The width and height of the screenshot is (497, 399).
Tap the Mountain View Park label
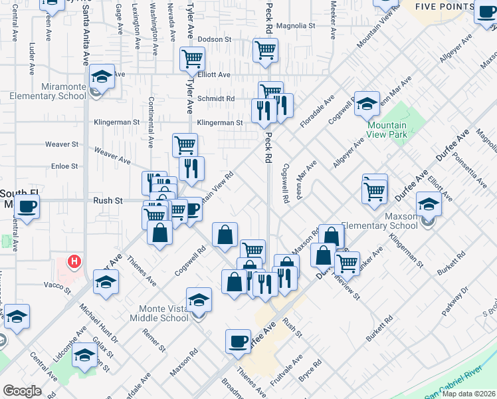[386, 130]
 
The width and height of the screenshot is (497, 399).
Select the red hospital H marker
[75, 261]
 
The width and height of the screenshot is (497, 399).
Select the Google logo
[22, 391]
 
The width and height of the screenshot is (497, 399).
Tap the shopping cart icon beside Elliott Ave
[193, 59]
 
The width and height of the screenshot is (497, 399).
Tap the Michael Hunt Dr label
[98, 324]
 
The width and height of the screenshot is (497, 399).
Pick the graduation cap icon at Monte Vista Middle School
[199, 300]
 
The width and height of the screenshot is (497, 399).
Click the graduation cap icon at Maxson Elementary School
[429, 204]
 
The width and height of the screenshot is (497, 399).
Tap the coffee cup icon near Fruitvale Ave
[238, 342]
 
